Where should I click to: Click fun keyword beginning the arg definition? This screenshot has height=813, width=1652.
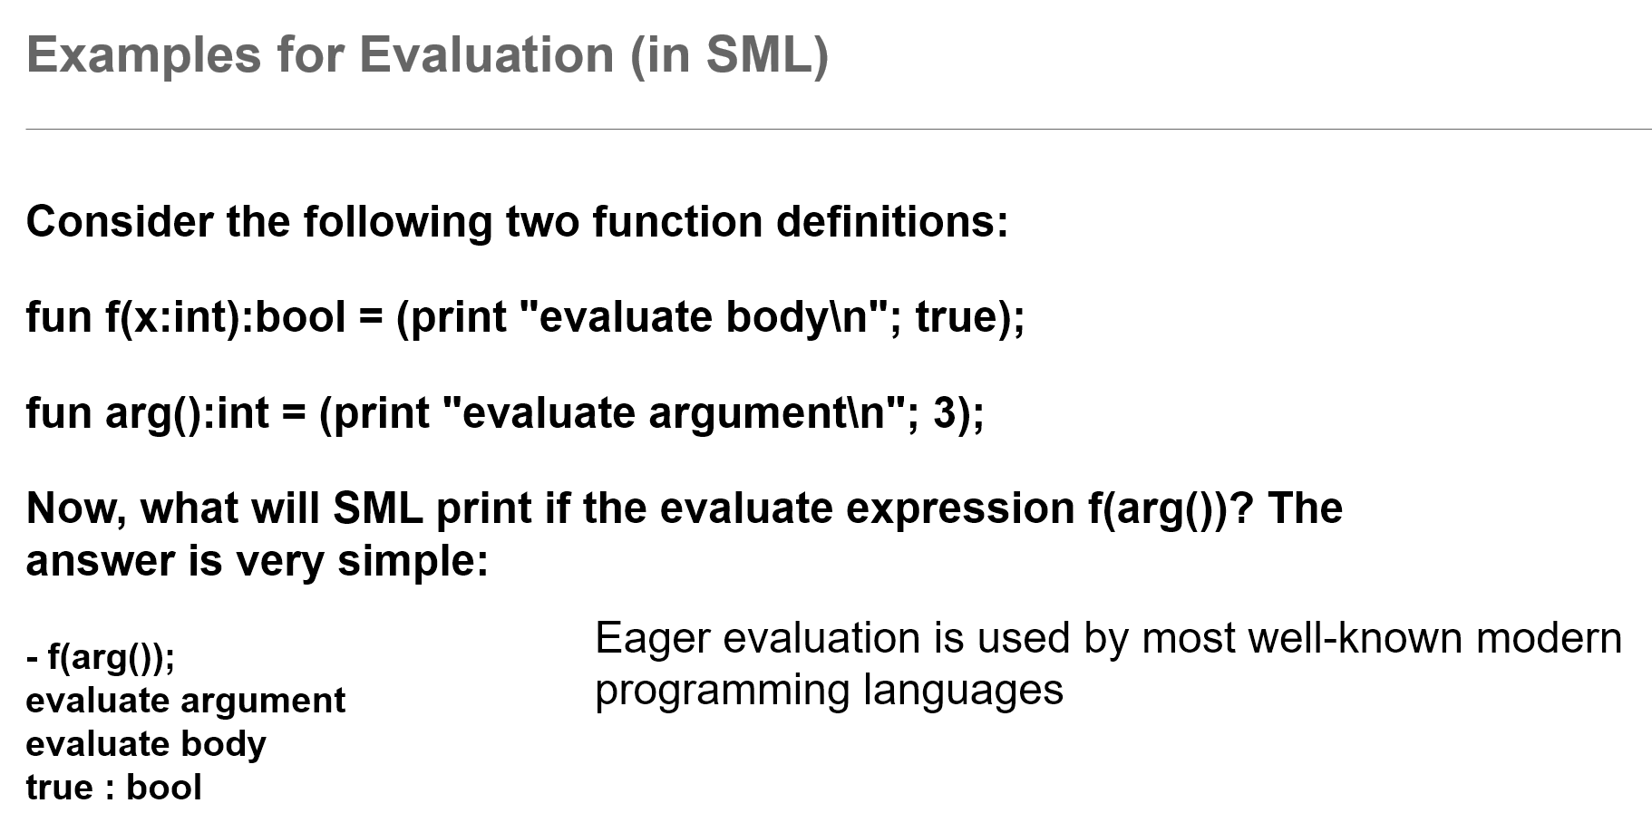(x=59, y=413)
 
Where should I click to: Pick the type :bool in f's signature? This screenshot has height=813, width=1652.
(x=296, y=317)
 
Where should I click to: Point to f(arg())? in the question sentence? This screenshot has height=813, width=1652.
(x=1171, y=508)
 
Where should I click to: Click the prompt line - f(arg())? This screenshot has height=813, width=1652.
(x=101, y=657)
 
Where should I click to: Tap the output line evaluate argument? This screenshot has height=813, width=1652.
(x=186, y=702)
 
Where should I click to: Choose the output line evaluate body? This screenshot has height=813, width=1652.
(x=146, y=744)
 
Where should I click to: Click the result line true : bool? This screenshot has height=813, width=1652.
(x=113, y=788)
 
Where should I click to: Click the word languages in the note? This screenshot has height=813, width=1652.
(x=962, y=691)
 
